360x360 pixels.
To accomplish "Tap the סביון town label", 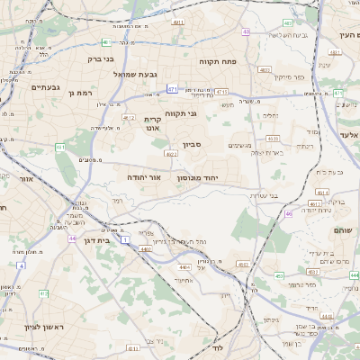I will (x=193, y=144).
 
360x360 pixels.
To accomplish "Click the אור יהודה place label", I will (x=144, y=178).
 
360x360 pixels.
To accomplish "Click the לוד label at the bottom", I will (x=217, y=346).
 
